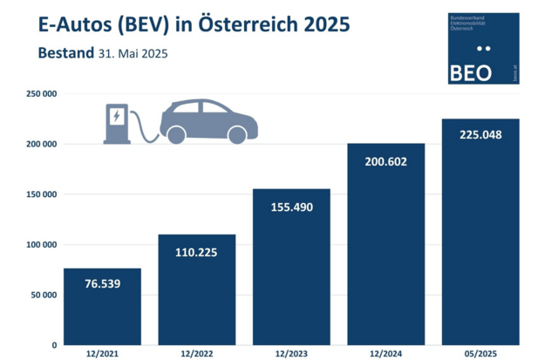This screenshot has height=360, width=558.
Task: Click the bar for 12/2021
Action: (x=102, y=306)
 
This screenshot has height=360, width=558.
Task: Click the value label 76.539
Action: (x=102, y=286)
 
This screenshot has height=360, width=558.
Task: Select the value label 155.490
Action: (x=291, y=207)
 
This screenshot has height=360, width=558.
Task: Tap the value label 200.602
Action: (x=385, y=161)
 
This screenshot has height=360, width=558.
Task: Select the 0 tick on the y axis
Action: (x=53, y=345)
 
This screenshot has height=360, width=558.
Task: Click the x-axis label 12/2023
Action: (x=291, y=353)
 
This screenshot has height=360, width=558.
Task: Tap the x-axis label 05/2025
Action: (x=480, y=353)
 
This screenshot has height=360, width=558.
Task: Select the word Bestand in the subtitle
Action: (x=65, y=53)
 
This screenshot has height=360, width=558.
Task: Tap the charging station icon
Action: (x=116, y=124)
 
